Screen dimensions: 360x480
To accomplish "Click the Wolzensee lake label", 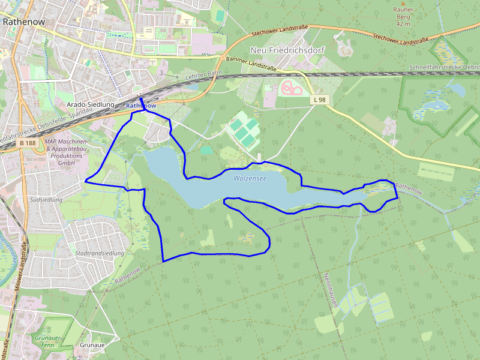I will click(x=250, y=178).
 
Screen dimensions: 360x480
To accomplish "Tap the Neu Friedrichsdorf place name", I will click(x=287, y=51).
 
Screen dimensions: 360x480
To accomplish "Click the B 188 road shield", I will click(x=28, y=143).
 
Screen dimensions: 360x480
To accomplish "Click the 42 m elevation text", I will click(x=403, y=24).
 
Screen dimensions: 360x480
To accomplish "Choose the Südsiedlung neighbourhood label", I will click(x=46, y=199).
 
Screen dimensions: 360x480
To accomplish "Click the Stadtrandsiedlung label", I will click(x=100, y=253).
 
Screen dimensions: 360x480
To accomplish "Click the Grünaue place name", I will click(x=92, y=346).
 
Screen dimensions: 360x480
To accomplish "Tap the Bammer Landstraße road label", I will click(x=251, y=64).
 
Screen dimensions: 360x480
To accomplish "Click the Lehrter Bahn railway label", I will click(x=204, y=76).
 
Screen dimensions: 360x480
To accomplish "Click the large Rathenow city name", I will click(x=25, y=20).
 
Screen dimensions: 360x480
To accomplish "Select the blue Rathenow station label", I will click(x=142, y=106).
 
